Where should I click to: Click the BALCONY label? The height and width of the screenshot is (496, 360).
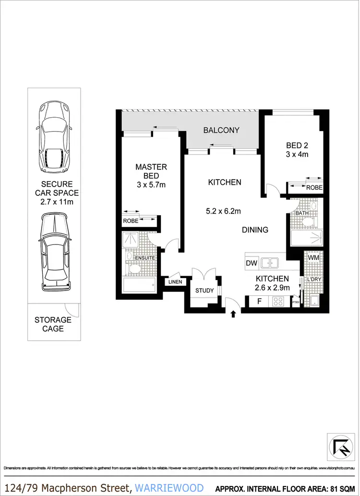(221, 130)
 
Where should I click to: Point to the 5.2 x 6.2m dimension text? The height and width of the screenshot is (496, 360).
(224, 211)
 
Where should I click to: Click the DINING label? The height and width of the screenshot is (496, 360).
(255, 230)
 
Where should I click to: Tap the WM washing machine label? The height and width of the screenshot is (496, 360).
(313, 258)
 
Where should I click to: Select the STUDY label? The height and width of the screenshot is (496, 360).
(204, 290)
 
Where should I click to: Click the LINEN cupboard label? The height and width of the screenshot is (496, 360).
(175, 282)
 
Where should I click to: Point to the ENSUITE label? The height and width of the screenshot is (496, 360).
(144, 258)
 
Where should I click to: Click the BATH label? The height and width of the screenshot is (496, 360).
(301, 213)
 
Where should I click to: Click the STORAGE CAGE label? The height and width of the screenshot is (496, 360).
(53, 324)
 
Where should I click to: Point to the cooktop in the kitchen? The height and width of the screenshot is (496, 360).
(279, 302)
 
